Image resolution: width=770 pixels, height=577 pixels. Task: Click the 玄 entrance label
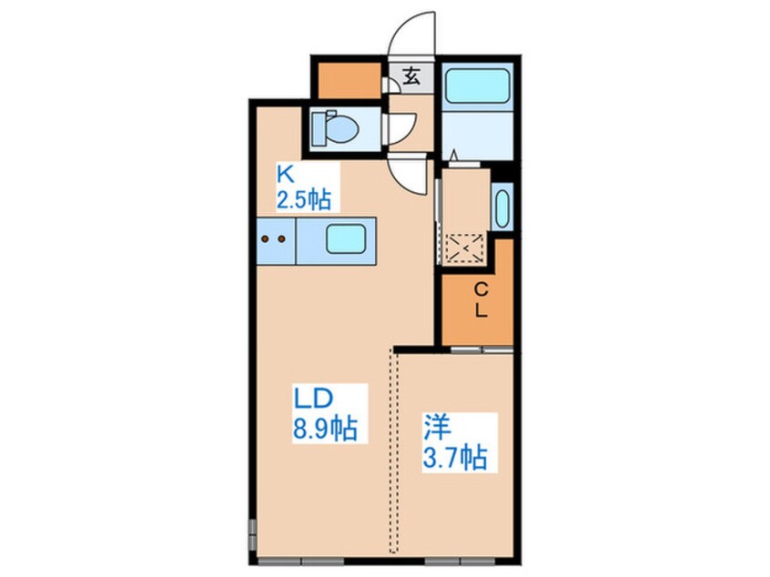tap(411, 76)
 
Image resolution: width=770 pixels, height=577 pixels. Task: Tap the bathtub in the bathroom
tap(477, 86)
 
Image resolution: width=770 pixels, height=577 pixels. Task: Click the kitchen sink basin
tap(346, 239)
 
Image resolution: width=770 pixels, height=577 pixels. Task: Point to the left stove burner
tap(265, 239)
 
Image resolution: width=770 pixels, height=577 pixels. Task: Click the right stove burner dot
tap(281, 239)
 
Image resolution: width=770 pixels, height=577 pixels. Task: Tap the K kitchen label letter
tap(285, 175)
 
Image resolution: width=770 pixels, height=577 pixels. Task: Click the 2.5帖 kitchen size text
tap(303, 200)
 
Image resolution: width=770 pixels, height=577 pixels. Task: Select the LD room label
tap(313, 399)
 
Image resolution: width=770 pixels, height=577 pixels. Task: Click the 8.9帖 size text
tap(325, 428)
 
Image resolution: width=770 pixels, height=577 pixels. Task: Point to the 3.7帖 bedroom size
tap(455, 458)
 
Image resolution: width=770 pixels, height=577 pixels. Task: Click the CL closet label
tap(481, 300)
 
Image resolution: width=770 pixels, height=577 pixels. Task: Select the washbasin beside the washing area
tap(502, 208)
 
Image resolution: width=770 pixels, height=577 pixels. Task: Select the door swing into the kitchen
tap(406, 176)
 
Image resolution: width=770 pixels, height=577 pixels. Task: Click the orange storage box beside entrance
tap(350, 79)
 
